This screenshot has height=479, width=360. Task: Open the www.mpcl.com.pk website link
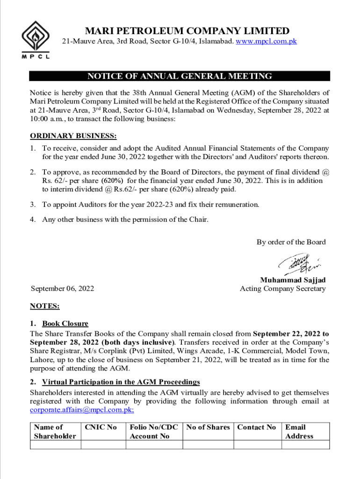[x=266, y=42]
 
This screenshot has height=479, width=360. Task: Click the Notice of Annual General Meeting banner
[x=180, y=76]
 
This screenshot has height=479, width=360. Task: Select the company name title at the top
[x=187, y=31]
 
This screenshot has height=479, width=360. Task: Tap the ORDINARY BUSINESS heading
[x=73, y=136]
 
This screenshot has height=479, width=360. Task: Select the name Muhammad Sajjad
[x=293, y=280]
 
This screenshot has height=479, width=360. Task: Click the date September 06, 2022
[x=62, y=289]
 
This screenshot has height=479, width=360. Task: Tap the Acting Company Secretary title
[x=282, y=289]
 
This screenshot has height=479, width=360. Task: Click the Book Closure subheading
[x=65, y=323]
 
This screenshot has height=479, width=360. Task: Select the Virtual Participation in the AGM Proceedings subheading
[x=121, y=382]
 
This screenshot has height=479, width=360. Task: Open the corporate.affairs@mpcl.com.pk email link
[x=82, y=410]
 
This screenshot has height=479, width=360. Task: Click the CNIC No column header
[x=101, y=427]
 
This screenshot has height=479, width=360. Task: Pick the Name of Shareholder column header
[x=55, y=431]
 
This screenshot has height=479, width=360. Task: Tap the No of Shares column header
[x=208, y=427]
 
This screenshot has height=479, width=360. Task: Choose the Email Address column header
[x=299, y=431]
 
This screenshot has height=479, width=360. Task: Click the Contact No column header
[x=257, y=427]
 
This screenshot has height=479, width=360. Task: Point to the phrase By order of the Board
[x=291, y=242]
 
